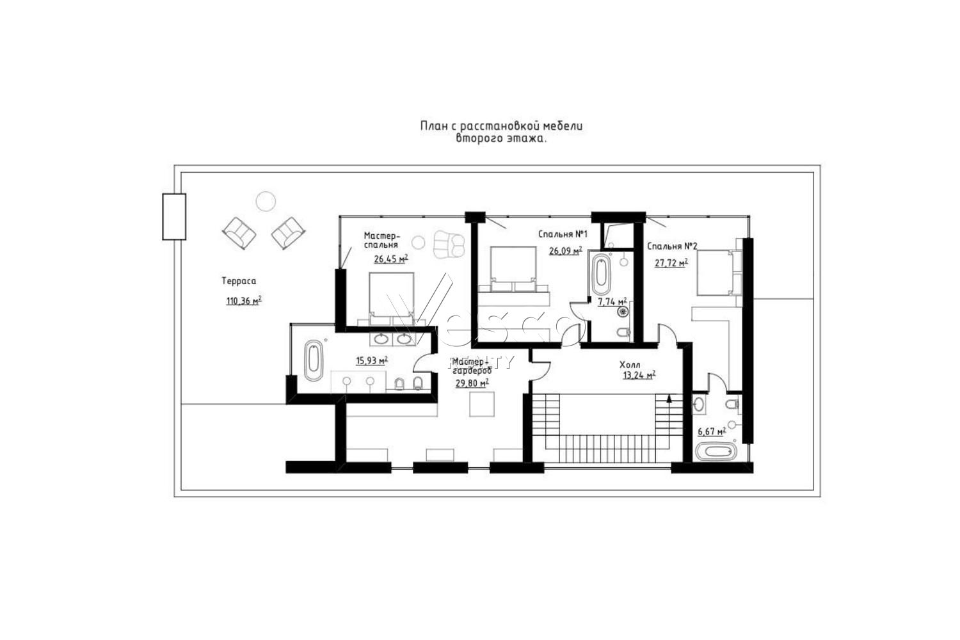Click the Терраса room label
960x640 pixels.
coord(239,282)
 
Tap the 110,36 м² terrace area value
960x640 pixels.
coord(244,301)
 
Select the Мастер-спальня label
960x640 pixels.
coord(382,240)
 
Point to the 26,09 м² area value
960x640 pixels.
coord(566,251)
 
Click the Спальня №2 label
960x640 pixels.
coord(673,246)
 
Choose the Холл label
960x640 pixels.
coord(630,365)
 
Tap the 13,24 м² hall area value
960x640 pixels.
coord(639,376)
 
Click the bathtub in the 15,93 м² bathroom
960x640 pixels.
coord(314,361)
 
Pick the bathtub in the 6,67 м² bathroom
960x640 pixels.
coord(716,451)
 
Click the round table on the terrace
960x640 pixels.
coord(266,201)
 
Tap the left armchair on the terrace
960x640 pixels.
coord(239,233)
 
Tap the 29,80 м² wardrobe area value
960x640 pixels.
coord(472,383)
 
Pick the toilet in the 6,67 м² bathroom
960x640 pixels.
coord(732,403)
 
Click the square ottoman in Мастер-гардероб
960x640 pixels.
coord(482,404)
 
